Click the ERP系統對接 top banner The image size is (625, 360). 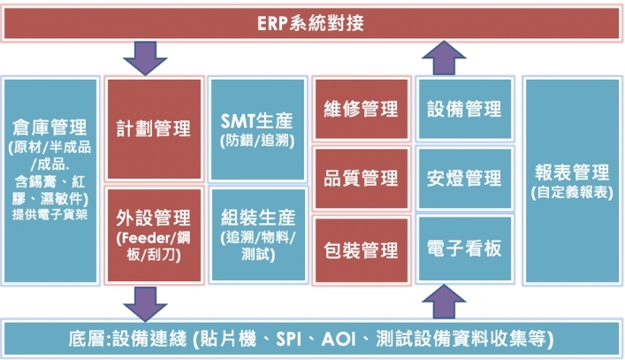[x=312, y=23]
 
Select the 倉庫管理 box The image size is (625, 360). [x=50, y=180]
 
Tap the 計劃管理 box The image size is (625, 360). [x=154, y=129]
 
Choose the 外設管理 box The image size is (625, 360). [x=154, y=234]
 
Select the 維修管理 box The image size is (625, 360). [x=362, y=110]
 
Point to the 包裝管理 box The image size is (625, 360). [x=362, y=249]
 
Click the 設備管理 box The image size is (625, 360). [x=464, y=110]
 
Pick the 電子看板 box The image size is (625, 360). [x=464, y=249]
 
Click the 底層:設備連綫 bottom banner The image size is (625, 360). [x=312, y=339]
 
